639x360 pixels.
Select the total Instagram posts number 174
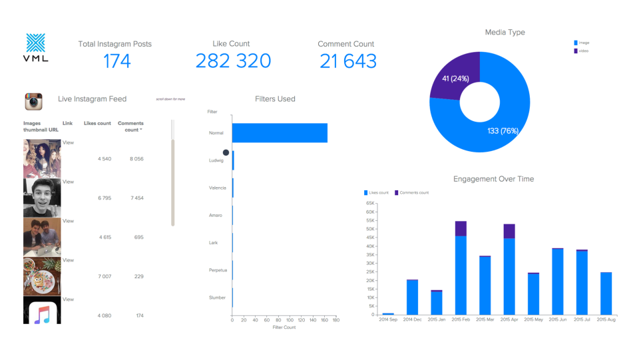pos(116,61)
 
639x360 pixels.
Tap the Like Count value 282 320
pos(233,61)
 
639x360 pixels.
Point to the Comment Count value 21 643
pos(347,61)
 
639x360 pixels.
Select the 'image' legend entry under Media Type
pos(583,43)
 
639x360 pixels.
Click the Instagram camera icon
pos(33,101)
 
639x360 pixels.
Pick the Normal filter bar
pos(280,133)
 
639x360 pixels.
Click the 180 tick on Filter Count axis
pos(335,320)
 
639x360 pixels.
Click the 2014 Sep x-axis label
pos(388,320)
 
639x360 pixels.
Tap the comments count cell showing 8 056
pos(136,158)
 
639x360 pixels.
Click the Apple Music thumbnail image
pos(42,311)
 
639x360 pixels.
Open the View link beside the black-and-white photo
pos(68,182)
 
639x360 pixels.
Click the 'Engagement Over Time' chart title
pos(493,179)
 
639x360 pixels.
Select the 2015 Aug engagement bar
pos(606,293)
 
